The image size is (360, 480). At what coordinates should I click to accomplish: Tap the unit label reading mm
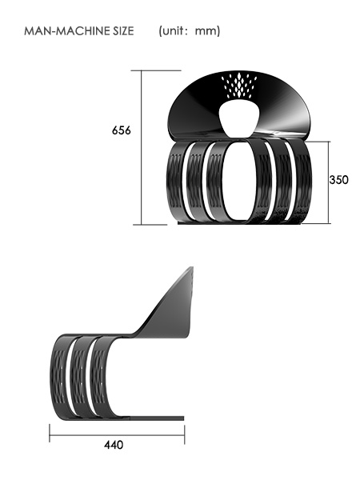click(x=206, y=31)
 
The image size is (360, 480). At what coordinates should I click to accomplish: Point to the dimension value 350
click(x=338, y=180)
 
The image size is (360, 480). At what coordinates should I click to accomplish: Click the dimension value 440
click(x=114, y=445)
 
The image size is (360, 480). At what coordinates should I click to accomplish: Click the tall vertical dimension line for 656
click(x=142, y=147)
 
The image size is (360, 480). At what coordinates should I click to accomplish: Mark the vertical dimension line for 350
click(x=328, y=182)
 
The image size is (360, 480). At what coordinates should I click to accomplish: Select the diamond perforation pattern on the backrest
click(x=242, y=86)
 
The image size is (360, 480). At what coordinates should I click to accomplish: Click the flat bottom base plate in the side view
click(x=136, y=418)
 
